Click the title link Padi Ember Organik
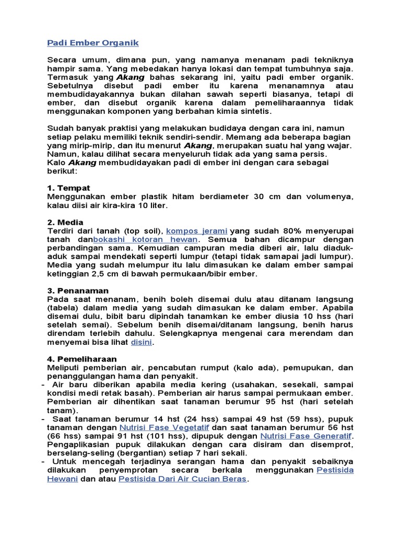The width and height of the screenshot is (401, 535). [93, 42]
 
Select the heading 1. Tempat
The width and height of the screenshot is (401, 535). [68, 188]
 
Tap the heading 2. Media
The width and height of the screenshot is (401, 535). [65, 222]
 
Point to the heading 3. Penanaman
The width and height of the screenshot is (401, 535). [78, 290]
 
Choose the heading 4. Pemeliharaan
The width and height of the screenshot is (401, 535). [82, 359]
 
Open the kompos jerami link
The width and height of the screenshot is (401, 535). [196, 230]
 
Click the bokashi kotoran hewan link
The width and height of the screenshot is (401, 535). [137, 239]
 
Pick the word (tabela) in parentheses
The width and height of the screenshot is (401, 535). [64, 308]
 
